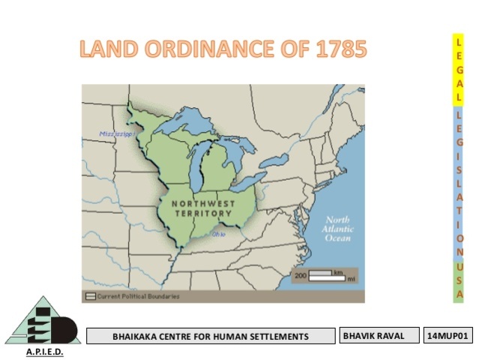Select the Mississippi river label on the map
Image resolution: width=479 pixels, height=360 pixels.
click(116, 134)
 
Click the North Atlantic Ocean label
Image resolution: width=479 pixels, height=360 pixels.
click(337, 228)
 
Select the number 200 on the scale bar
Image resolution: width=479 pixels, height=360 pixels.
click(301, 275)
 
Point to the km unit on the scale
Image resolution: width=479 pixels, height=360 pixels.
click(339, 271)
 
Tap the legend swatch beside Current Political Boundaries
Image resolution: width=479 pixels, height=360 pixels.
click(90, 297)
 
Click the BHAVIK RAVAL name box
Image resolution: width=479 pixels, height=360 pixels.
click(378, 336)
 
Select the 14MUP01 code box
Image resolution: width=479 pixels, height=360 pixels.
click(448, 336)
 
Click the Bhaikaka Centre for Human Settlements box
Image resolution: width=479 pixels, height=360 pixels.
click(210, 336)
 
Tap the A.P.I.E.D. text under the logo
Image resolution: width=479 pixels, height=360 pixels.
click(44, 351)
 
